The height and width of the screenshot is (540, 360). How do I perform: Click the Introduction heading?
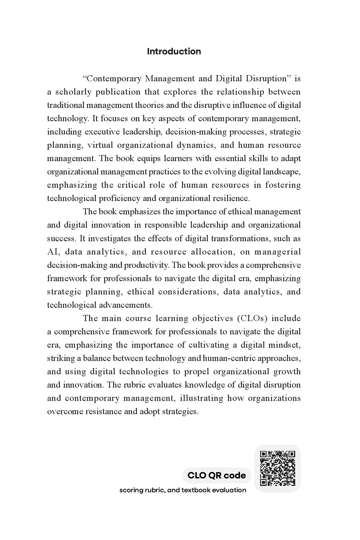point(174,51)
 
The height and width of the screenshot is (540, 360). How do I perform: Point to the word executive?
point(102,132)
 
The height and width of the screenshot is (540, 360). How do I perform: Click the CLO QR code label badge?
point(216,475)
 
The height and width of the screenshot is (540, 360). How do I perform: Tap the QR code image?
point(277,468)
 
